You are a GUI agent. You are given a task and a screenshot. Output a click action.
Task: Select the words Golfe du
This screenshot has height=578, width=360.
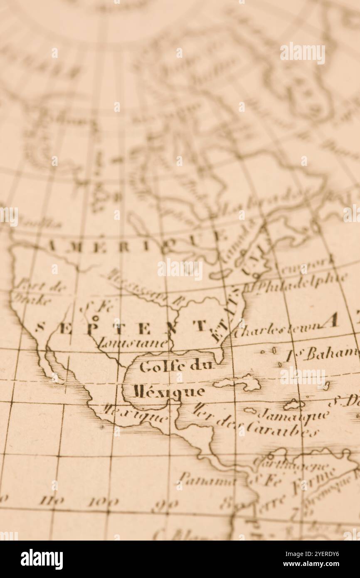pos(176,366)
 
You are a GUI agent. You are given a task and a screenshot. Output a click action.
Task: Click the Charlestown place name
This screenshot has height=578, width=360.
pos(277,331)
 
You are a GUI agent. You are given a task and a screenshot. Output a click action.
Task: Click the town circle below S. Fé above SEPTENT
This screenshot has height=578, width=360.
pos(95,318)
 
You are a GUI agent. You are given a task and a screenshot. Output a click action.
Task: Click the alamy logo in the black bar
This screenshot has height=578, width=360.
pos(42,559)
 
